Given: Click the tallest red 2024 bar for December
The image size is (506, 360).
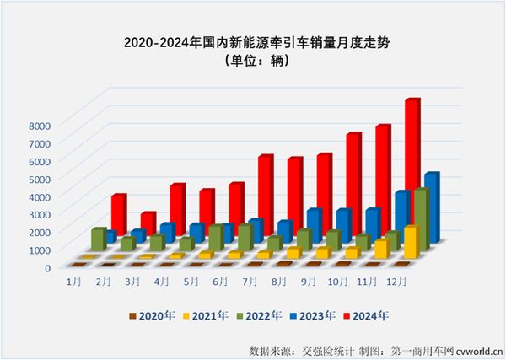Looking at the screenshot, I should click(412, 169).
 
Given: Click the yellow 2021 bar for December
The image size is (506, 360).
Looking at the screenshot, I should click(411, 243).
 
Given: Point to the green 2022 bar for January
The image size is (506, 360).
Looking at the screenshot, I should click(98, 239).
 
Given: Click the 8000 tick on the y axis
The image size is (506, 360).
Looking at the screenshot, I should click(41, 125).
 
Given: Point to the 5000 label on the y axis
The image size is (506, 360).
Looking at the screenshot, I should click(41, 178).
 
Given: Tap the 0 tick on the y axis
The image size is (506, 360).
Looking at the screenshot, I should click(47, 266).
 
